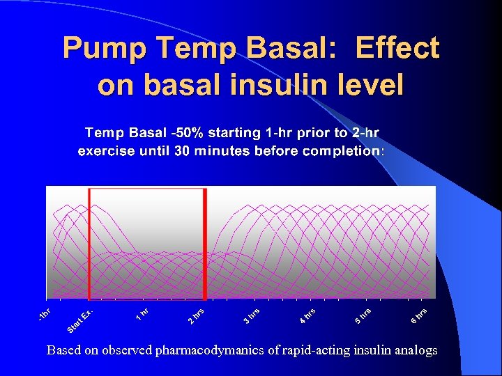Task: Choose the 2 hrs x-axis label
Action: click(196, 315)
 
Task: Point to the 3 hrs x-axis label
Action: click(252, 315)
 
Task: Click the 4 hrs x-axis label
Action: click(307, 315)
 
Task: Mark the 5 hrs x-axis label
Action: click(363, 315)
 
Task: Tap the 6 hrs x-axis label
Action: click(419, 315)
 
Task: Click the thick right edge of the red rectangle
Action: click(205, 244)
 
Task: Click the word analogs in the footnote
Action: click(417, 350)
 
